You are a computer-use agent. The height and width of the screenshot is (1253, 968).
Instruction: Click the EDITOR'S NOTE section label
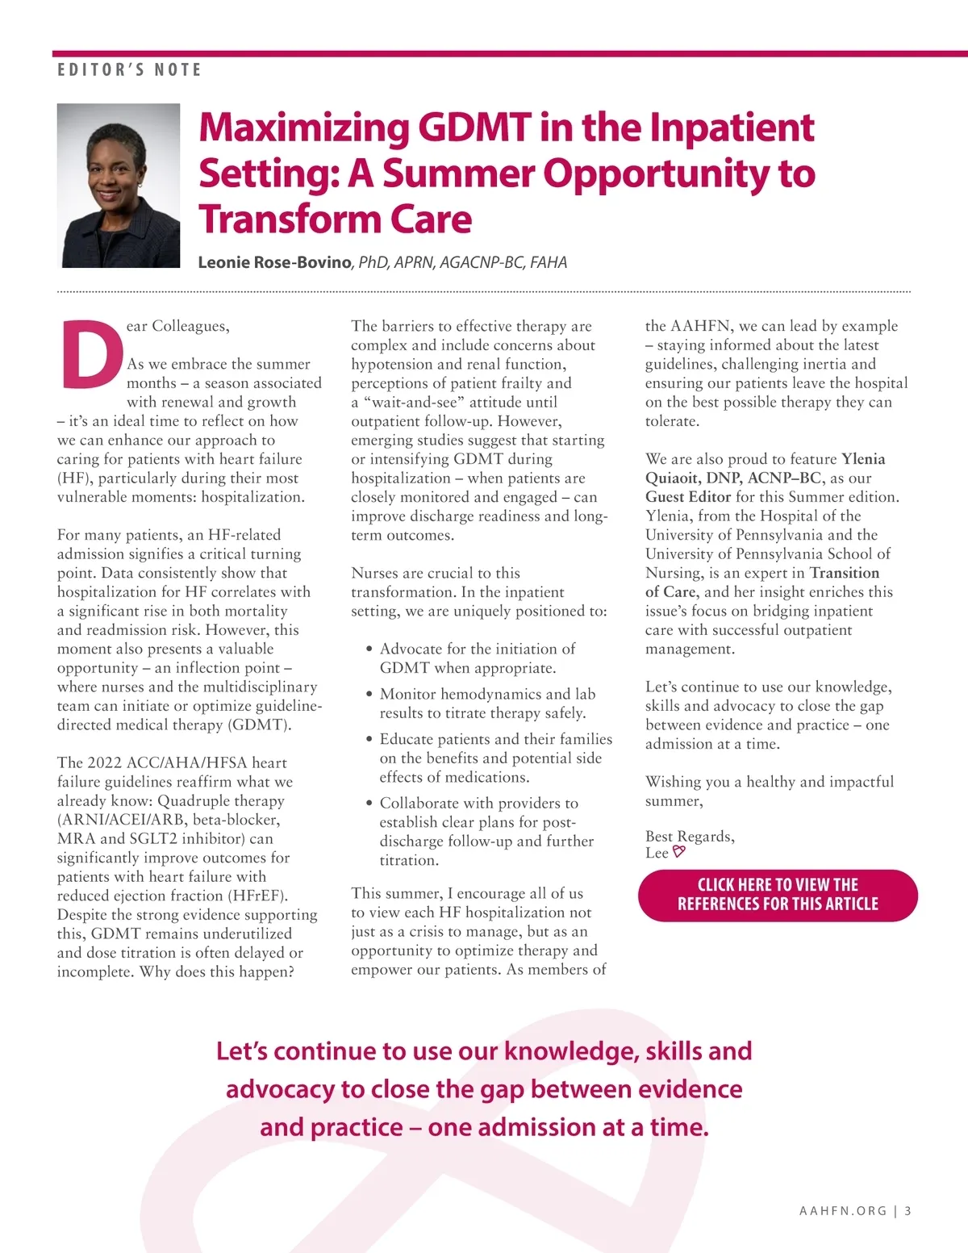click(129, 70)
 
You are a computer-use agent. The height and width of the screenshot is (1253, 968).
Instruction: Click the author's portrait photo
click(119, 185)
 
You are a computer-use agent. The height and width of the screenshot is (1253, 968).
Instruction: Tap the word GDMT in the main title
click(474, 127)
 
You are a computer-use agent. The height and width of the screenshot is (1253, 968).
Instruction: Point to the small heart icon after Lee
click(679, 851)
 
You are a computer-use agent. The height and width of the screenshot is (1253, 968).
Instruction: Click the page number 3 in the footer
click(908, 1211)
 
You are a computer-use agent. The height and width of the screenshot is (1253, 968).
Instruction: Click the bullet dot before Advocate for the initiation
click(369, 649)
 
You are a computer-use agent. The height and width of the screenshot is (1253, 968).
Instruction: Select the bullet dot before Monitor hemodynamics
click(369, 695)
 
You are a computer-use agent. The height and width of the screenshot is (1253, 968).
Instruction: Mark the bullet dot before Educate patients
click(369, 740)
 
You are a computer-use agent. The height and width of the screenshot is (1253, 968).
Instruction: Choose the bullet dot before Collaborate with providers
click(369, 804)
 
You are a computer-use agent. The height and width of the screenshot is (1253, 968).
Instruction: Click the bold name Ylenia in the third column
click(863, 459)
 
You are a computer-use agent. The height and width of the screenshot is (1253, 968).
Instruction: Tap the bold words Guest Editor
click(688, 497)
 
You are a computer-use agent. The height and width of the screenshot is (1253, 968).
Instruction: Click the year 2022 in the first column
click(105, 763)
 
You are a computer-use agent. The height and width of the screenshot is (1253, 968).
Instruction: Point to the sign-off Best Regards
click(690, 837)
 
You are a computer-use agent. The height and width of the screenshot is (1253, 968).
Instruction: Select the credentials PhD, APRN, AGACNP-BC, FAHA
click(463, 262)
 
